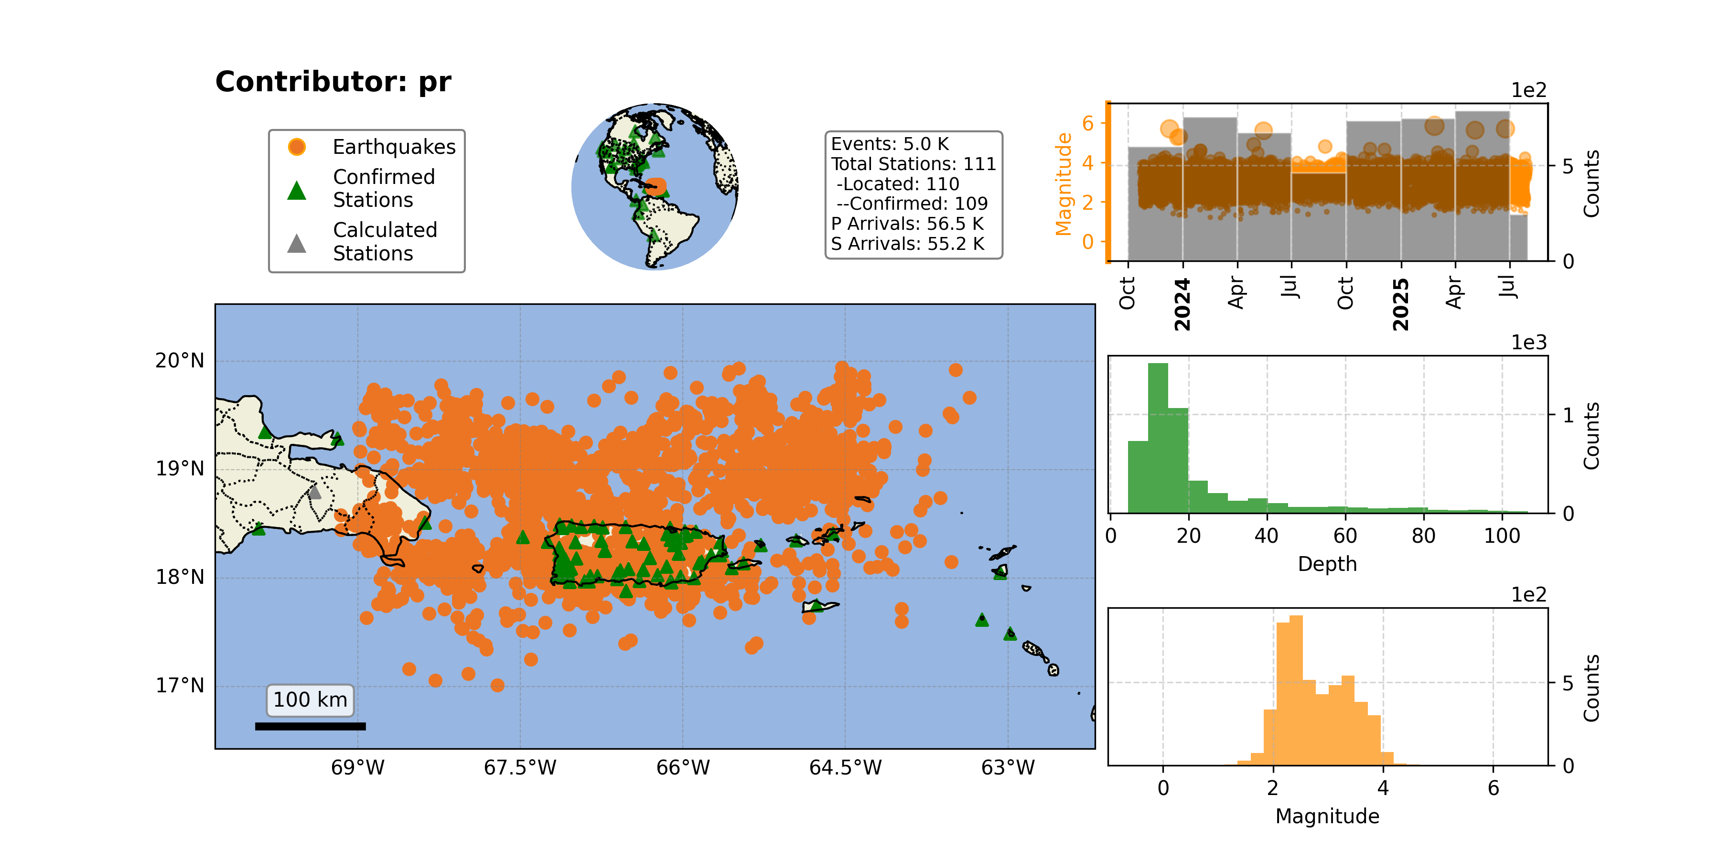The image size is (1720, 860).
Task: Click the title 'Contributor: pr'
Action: tap(333, 82)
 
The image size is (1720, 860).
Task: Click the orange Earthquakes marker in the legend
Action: tap(296, 147)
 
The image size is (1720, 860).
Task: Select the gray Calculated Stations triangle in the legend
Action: tap(296, 244)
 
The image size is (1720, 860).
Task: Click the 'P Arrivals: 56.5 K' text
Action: tap(907, 224)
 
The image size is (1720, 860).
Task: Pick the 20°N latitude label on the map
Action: tap(180, 361)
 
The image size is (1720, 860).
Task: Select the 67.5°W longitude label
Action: tap(520, 768)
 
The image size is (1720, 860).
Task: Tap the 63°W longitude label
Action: tap(1008, 768)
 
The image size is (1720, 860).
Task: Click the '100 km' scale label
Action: tap(311, 700)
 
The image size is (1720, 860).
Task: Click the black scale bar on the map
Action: tap(311, 726)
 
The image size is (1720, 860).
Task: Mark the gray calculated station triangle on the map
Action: tap(314, 493)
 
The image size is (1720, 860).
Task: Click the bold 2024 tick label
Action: tap(1182, 304)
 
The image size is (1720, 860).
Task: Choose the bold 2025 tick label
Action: tap(1401, 304)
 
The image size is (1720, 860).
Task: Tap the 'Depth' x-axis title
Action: tap(1327, 564)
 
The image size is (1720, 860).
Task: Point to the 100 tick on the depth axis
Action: tap(1502, 536)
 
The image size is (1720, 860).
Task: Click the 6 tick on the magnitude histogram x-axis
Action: tap(1494, 788)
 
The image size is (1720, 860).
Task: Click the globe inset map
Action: tap(655, 186)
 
